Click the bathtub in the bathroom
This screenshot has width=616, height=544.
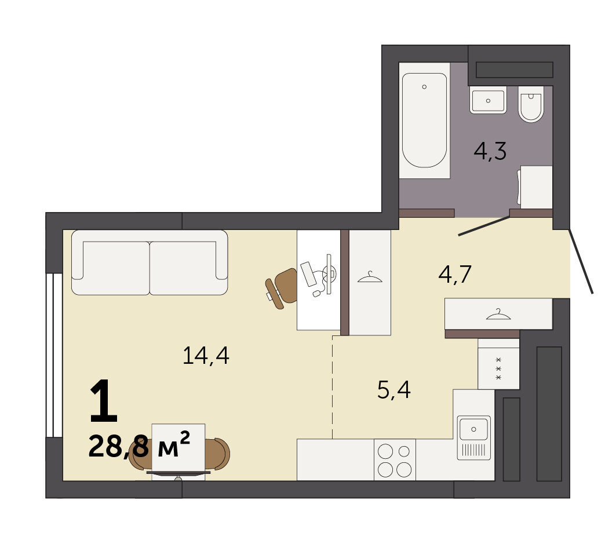tap(424, 120)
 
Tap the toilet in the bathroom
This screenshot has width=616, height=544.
tap(531, 104)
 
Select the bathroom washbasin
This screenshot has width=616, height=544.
tap(488, 100)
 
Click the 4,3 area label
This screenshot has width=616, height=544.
tap(490, 152)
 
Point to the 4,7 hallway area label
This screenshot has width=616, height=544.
tap(455, 274)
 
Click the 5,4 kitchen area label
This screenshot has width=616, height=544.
tap(393, 390)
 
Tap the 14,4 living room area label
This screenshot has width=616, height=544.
tap(206, 356)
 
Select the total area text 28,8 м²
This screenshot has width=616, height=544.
tap(140, 446)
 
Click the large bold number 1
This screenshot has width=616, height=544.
tap(104, 401)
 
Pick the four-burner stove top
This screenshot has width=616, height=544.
tap(395, 460)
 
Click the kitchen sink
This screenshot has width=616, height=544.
tap(474, 437)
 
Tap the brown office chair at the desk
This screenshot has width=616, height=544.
tap(281, 288)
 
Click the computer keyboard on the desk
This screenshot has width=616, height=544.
tap(308, 273)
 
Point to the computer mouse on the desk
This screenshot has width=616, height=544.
tap(316, 293)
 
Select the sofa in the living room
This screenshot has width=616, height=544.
tap(150, 262)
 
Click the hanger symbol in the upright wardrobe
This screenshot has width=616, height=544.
tap(370, 278)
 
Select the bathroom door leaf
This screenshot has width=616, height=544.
tap(484, 226)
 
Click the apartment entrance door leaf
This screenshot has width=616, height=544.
tap(581, 262)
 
